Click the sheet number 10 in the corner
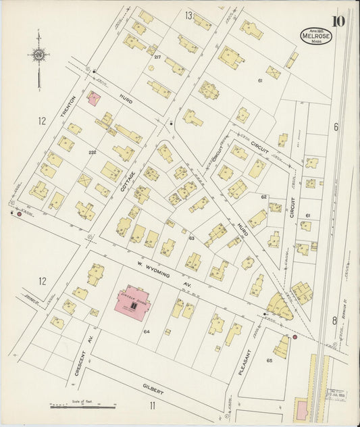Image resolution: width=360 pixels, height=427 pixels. click(338, 20)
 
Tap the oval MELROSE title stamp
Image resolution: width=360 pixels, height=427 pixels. click(316, 36)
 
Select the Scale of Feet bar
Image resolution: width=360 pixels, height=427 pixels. click(82, 406)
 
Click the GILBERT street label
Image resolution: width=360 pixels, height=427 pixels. click(154, 388)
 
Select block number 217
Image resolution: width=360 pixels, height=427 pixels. click(157, 57)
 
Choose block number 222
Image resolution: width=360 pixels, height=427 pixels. click(92, 153)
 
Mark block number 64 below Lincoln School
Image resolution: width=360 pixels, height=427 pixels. click(146, 331)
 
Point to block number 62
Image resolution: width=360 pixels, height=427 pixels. click(264, 197)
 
